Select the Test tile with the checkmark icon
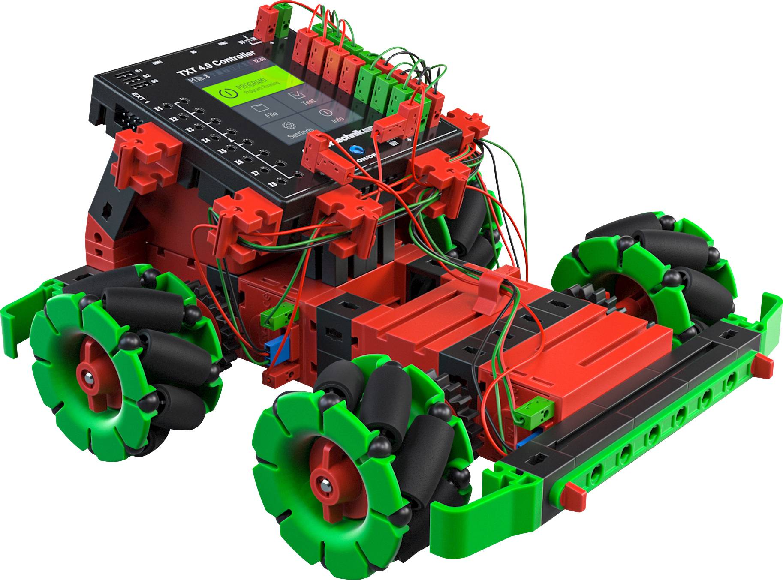[300, 98]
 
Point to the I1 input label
[159, 108]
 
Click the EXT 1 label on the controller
[140, 98]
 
